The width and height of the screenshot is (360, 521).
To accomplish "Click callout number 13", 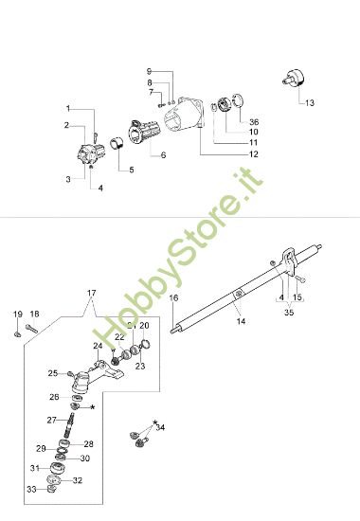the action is (310, 101).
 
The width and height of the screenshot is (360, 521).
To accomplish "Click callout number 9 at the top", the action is (149, 71).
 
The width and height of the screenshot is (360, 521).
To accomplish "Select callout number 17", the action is (92, 292).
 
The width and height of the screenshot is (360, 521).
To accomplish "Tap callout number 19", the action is (18, 314).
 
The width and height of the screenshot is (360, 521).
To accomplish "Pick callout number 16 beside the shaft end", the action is (173, 298).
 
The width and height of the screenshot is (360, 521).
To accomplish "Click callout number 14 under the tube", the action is (241, 322).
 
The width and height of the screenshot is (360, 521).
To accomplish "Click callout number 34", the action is (160, 428).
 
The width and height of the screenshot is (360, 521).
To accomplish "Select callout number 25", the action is (54, 373).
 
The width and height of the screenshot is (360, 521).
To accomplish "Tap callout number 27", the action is (53, 419).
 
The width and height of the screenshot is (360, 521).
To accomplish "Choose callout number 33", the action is (30, 489).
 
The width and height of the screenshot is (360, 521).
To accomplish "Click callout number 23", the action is (139, 367).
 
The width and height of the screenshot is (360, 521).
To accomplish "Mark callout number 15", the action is (299, 298).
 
